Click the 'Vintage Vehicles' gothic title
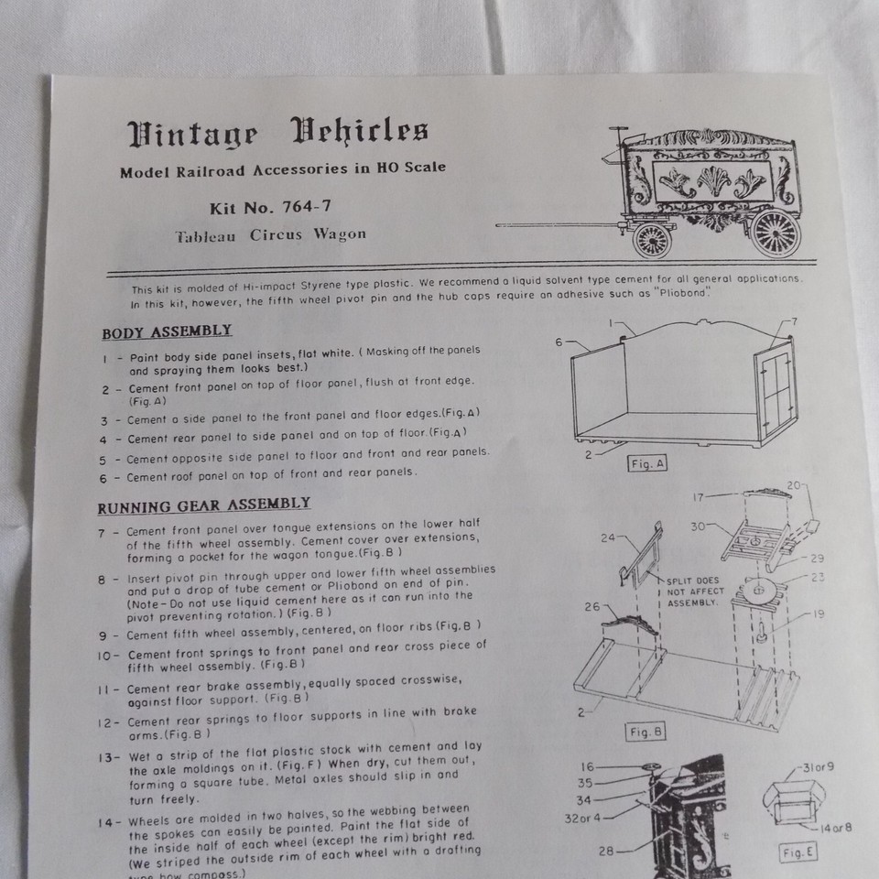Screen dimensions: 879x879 (x=277, y=133)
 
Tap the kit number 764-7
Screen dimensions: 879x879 (x=307, y=207)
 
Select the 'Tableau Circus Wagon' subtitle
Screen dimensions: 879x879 (x=271, y=235)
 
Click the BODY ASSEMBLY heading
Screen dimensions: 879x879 (x=167, y=331)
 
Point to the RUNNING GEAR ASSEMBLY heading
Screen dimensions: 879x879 (x=204, y=505)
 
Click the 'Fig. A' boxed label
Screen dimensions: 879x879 (x=647, y=463)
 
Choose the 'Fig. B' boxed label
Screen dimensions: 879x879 (x=646, y=732)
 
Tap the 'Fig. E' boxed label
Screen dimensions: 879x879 (x=798, y=852)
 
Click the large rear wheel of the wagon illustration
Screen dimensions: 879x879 (x=776, y=233)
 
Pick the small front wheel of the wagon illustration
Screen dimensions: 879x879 (x=652, y=240)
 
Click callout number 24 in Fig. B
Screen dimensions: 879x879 (x=608, y=538)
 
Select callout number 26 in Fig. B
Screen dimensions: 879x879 (x=592, y=606)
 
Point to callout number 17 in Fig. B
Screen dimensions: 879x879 (x=699, y=497)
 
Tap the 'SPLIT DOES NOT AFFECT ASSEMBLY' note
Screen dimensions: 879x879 (x=695, y=592)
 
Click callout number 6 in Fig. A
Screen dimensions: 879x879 (x=559, y=342)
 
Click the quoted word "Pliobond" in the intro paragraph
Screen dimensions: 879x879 (x=682, y=292)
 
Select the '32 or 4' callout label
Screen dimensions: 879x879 (x=582, y=819)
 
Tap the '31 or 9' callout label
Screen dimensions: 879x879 (x=819, y=766)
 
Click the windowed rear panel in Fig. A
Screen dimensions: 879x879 (x=776, y=391)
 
